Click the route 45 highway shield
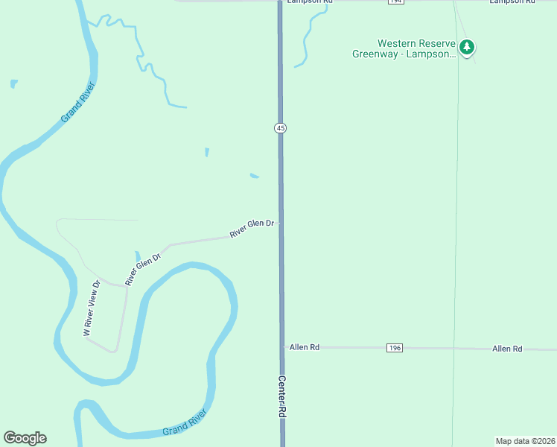pyautogui.click(x=280, y=128)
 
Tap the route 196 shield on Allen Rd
pyautogui.click(x=395, y=348)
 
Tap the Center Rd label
pyautogui.click(x=282, y=396)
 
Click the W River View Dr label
pyautogui.click(x=92, y=308)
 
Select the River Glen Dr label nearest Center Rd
pyautogui.click(x=252, y=228)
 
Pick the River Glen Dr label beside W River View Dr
pyautogui.click(x=144, y=270)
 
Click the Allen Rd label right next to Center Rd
pyautogui.click(x=305, y=347)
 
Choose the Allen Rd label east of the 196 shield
pyautogui.click(x=507, y=349)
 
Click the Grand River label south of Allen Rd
pyautogui.click(x=184, y=428)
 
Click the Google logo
pyautogui.click(x=25, y=438)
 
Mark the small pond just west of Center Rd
pyautogui.click(x=255, y=176)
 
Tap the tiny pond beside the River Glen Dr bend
pyautogui.click(x=137, y=257)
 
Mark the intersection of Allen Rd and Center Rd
pyautogui.click(x=282, y=347)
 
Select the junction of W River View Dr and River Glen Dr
pyautogui.click(x=126, y=285)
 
